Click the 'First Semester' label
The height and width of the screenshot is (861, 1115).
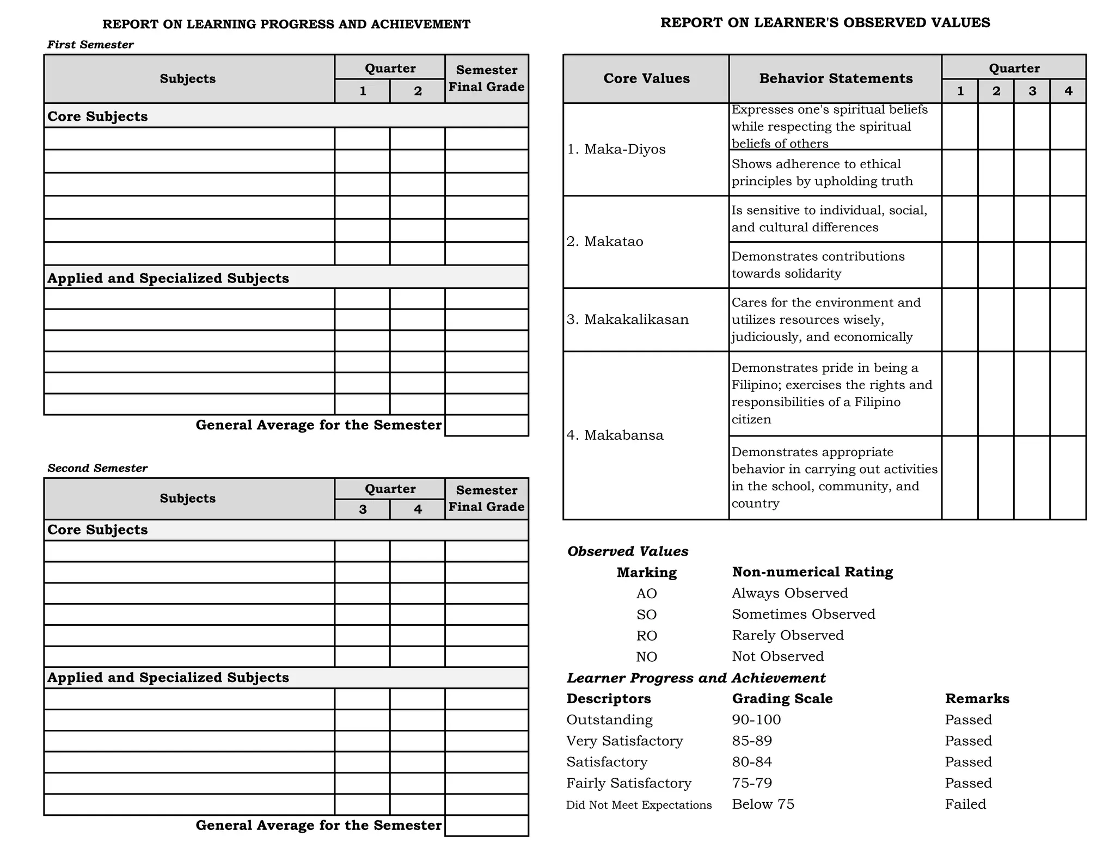tap(90, 45)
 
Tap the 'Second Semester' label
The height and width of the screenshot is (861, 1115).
tap(97, 468)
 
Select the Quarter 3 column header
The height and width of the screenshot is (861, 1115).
tap(362, 509)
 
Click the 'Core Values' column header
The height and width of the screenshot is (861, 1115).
tap(646, 78)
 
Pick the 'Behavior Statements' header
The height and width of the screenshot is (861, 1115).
tap(835, 78)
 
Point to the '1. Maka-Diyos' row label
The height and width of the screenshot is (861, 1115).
tap(616, 149)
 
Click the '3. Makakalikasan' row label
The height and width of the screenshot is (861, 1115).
tap(627, 319)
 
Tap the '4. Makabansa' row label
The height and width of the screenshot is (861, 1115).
tap(615, 435)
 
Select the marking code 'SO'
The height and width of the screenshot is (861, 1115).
tap(646, 614)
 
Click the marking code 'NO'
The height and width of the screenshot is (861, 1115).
tap(646, 657)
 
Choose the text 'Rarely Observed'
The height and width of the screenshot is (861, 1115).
tap(787, 635)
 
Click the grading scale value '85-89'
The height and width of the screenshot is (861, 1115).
tap(751, 741)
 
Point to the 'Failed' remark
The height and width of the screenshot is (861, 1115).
tap(965, 804)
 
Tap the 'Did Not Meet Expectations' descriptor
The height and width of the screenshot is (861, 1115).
tap(639, 805)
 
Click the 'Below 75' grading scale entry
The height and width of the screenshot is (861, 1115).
tap(762, 804)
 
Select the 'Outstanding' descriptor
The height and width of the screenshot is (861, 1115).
tap(609, 719)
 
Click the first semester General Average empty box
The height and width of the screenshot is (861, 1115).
tap(486, 425)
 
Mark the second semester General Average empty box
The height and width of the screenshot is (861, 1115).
tap(486, 825)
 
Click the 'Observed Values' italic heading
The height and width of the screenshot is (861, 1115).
tap(627, 551)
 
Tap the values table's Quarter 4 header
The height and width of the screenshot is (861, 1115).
tap(1068, 91)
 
